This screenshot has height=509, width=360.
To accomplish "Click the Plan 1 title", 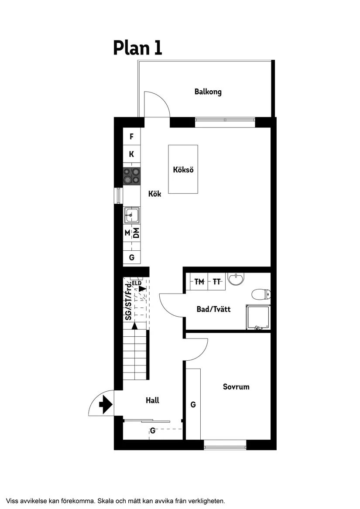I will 137,48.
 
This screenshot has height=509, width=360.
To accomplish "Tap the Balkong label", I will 208,92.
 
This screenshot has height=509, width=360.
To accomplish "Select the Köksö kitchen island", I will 183,169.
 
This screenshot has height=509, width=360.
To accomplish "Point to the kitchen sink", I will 131,215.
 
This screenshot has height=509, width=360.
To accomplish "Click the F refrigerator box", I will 131,137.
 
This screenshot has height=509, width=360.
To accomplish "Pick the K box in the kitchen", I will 131,154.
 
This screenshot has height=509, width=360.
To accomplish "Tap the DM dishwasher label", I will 136,233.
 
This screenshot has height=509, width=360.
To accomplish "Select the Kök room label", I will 154,194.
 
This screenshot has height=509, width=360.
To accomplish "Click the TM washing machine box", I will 199,282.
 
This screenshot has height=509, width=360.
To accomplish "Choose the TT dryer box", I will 217,282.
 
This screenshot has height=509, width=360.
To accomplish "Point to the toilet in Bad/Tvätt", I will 261,294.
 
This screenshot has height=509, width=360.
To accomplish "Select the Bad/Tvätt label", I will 213,309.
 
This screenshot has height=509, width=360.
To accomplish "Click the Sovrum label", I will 236,386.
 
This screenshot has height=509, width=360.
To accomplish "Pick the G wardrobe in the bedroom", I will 193,404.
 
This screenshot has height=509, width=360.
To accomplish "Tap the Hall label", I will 152,400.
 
